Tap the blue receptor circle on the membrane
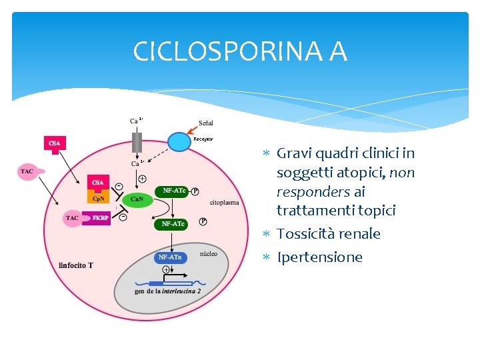pyautogui.click(x=179, y=141)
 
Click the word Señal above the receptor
pyautogui.click(x=206, y=123)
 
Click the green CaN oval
pyautogui.click(x=137, y=199)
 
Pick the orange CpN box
pyautogui.click(x=98, y=198)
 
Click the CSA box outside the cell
pyautogui.click(x=55, y=143)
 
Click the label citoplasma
pyautogui.click(x=224, y=202)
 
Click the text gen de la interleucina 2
pyautogui.click(x=167, y=291)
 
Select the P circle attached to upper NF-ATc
pyautogui.click(x=195, y=191)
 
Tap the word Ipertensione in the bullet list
pyautogui.click(x=319, y=257)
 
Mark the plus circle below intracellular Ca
pyautogui.click(x=141, y=178)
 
